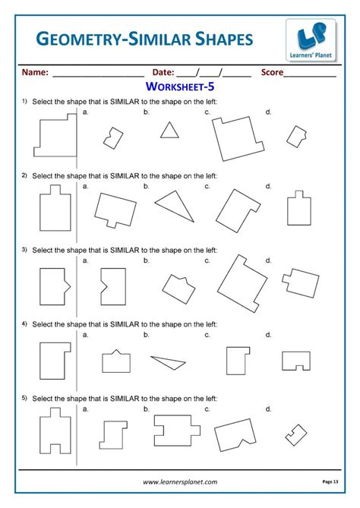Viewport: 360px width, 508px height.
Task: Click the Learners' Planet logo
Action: (311, 39)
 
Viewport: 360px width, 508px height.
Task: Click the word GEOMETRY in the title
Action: (79, 39)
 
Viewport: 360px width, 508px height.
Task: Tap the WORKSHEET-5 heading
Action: (180, 87)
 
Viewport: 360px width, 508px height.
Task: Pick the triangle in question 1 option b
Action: (169, 131)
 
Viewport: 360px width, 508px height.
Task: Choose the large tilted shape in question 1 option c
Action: (238, 139)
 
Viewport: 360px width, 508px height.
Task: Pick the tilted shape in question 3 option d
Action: (300, 282)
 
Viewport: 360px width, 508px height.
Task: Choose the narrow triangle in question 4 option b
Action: (168, 362)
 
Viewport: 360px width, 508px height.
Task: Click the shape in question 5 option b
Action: (177, 431)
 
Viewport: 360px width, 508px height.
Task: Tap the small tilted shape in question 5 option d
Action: (296, 435)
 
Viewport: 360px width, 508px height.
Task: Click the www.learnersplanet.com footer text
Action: (180, 481)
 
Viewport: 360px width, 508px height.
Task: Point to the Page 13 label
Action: (330, 481)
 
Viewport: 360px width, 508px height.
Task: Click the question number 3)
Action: (24, 250)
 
